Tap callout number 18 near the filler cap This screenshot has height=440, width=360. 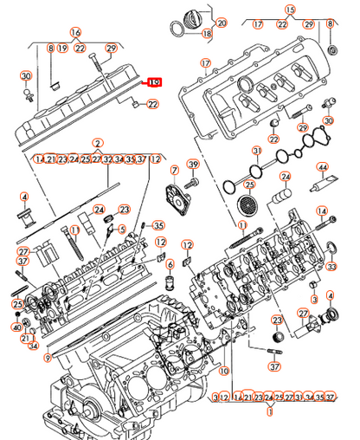(x=206, y=34)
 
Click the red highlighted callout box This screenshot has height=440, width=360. (x=154, y=83)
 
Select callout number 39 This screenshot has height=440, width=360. (x=193, y=165)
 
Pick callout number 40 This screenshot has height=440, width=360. (x=16, y=327)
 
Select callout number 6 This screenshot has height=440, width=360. (x=170, y=265)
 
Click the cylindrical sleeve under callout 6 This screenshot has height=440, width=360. (x=170, y=285)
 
